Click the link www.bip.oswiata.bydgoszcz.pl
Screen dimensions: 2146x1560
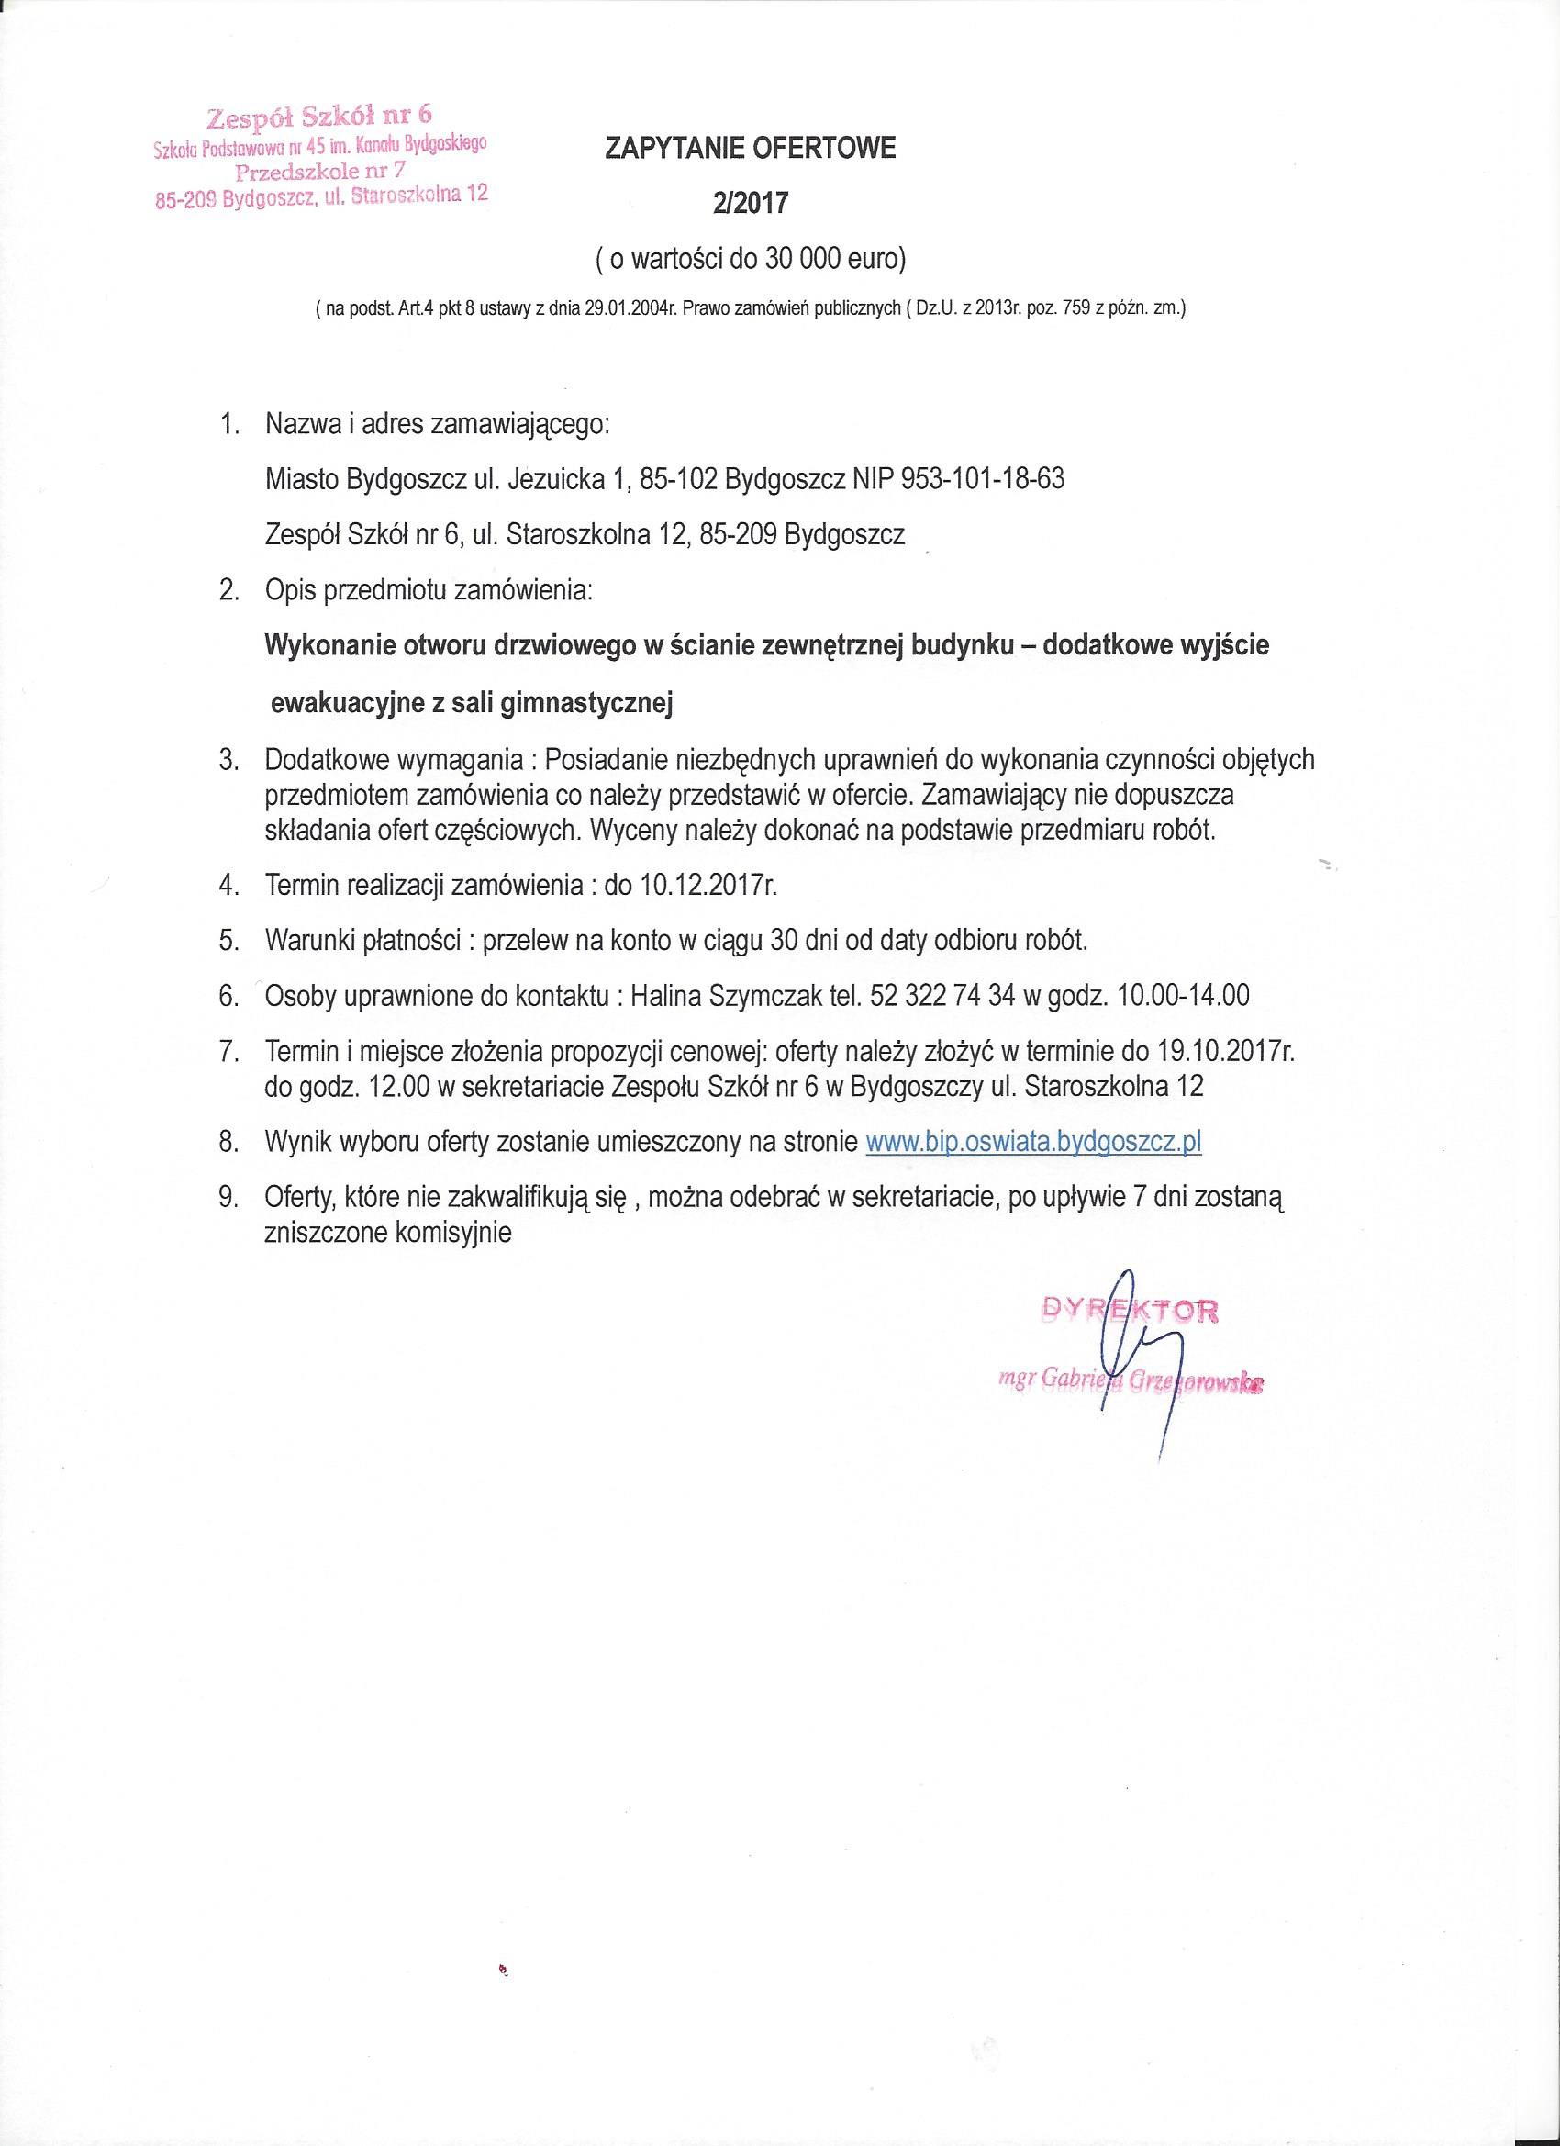(1033, 1142)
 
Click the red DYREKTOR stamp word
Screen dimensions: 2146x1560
(1129, 1311)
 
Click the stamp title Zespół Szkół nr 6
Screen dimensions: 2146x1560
(318, 117)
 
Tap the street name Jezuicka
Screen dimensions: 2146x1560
(557, 479)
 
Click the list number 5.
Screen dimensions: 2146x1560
(228, 941)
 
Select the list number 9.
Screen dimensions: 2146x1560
(228, 1198)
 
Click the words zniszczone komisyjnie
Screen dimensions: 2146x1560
(388, 1233)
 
